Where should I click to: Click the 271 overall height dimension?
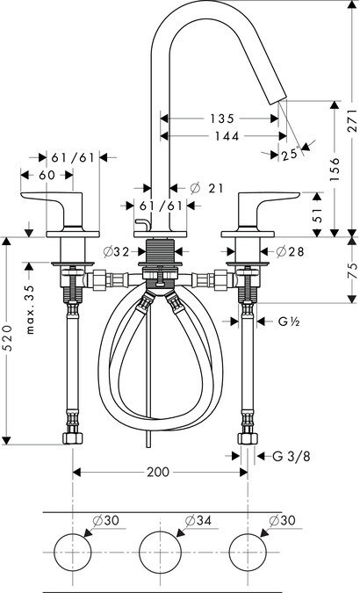click(x=352, y=120)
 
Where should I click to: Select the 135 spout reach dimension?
click(x=222, y=119)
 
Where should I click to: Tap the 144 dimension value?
click(x=227, y=136)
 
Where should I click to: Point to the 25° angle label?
click(x=290, y=155)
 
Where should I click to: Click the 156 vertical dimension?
click(x=335, y=169)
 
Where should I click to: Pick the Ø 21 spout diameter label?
click(x=207, y=188)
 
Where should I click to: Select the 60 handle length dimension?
click(x=47, y=175)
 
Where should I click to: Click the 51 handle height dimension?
click(x=319, y=214)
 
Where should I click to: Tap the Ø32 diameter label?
click(x=117, y=251)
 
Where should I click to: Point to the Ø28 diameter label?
click(x=290, y=251)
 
